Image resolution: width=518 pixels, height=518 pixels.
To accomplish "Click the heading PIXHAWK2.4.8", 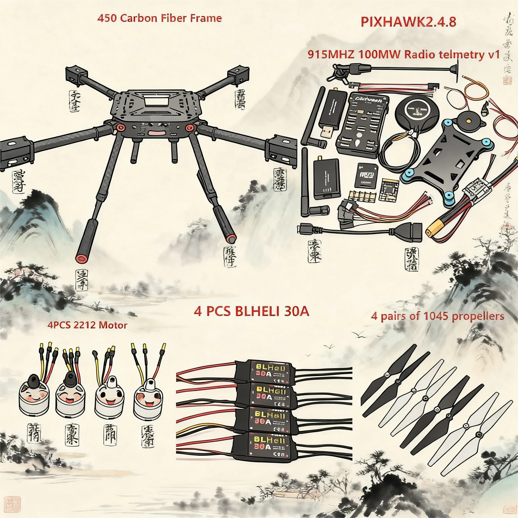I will [x=408, y=22].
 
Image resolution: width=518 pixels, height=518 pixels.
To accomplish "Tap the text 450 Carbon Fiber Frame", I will [x=160, y=18].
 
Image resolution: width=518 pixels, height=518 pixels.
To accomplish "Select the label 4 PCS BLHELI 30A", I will [x=251, y=312].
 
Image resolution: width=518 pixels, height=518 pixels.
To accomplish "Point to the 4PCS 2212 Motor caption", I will [x=88, y=325].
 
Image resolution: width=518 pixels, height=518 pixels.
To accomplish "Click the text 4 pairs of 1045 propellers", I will [x=437, y=316].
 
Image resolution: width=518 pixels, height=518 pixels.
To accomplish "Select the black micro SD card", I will [x=367, y=175].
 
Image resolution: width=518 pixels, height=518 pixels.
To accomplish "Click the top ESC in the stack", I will [x=271, y=371].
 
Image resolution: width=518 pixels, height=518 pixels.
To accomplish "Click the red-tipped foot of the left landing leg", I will [x=81, y=258].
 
